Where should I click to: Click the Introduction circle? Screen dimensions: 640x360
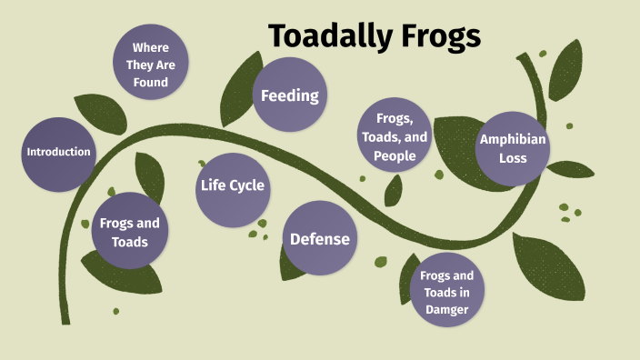(59, 153)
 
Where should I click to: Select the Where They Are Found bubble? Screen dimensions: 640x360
(150, 62)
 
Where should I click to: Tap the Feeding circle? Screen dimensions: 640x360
(289, 95)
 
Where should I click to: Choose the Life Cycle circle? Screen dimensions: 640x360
(232, 186)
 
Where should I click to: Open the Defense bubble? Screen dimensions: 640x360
(319, 240)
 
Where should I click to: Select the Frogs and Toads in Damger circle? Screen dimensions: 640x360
(446, 292)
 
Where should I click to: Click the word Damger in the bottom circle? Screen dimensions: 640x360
(446, 309)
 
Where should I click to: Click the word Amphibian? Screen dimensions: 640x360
(513, 140)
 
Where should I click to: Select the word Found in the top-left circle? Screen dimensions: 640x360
(150, 83)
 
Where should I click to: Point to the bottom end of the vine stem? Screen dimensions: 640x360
(65, 318)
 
